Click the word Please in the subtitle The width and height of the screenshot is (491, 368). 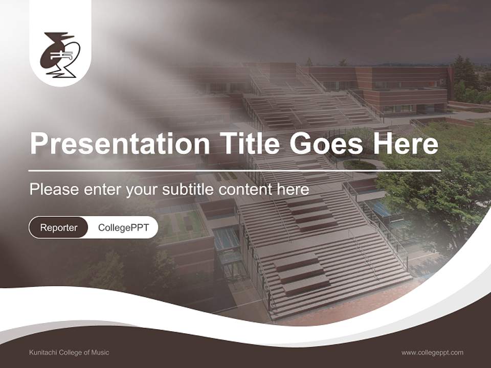click(54, 190)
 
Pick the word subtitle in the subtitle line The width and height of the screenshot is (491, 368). click(188, 190)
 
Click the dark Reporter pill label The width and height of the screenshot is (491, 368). click(58, 227)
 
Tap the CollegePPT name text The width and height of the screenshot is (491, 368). click(123, 227)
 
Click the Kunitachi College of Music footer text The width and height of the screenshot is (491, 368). click(69, 352)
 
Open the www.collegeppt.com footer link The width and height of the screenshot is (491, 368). click(432, 352)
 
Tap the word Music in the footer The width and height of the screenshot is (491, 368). click(100, 352)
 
